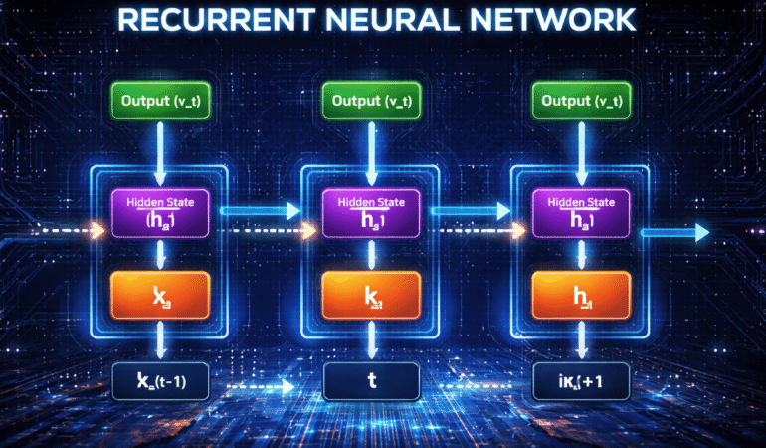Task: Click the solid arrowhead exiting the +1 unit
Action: [x=701, y=233]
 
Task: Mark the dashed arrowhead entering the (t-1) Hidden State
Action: [x=97, y=232]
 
